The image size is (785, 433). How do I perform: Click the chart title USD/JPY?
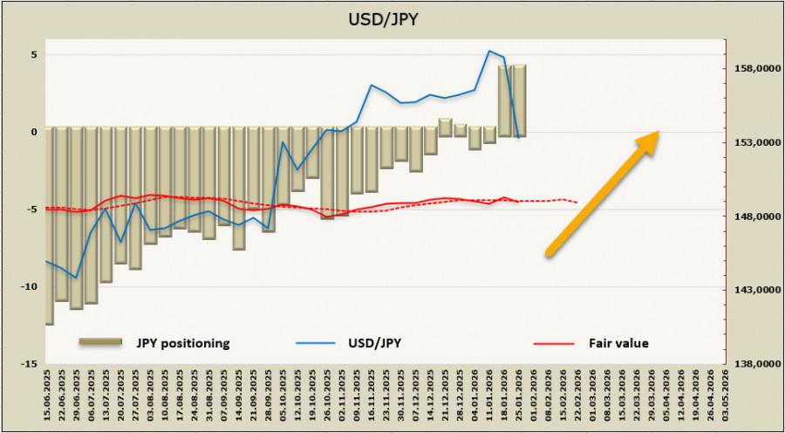point(392,18)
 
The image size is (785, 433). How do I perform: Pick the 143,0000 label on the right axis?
point(753,291)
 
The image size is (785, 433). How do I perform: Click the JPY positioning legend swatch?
point(103,343)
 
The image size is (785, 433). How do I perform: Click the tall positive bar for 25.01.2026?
point(519,100)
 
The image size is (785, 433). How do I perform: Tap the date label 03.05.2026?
point(726,398)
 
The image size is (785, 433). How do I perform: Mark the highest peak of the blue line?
point(489,51)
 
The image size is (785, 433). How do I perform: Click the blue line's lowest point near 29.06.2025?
point(77,278)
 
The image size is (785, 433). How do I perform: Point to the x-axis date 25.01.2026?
point(519,398)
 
